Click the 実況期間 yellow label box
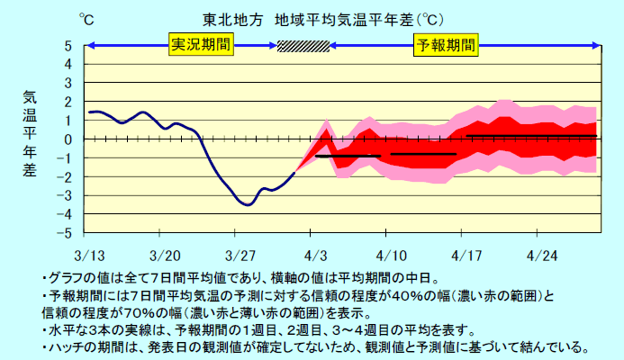pyautogui.click(x=198, y=44)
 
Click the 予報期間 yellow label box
pyautogui.click(x=445, y=44)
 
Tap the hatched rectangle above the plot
pyautogui.click(x=303, y=45)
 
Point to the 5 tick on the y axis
pyautogui.click(x=68, y=46)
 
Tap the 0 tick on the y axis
pyautogui.click(x=68, y=139)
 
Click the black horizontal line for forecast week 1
pyautogui.click(x=348, y=156)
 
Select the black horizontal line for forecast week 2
pyautogui.click(x=423, y=154)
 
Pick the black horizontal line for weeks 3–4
pyautogui.click(x=531, y=136)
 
